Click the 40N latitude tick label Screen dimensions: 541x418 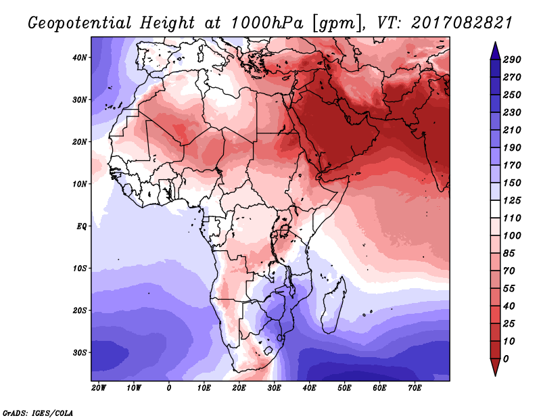(x=80, y=57)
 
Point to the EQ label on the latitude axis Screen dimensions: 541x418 (x=81, y=227)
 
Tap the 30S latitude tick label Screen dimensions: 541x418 (x=80, y=353)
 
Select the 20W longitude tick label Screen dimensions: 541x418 (x=99, y=388)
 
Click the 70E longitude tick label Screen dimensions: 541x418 (x=415, y=388)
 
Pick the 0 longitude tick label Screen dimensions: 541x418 (x=168, y=388)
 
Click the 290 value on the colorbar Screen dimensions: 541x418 (x=512, y=60)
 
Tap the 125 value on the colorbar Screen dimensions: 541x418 (x=512, y=200)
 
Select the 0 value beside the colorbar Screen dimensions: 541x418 (x=506, y=359)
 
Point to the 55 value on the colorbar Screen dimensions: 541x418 (x=509, y=289)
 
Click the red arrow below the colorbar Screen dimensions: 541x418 (x=495, y=367)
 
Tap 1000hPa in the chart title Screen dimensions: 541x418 (x=266, y=23)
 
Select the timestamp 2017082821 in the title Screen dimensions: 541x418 (x=462, y=23)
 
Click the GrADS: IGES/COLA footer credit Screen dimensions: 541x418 (x=38, y=413)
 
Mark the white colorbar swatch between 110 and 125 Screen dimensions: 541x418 (x=495, y=209)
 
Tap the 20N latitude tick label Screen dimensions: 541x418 (x=80, y=142)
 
